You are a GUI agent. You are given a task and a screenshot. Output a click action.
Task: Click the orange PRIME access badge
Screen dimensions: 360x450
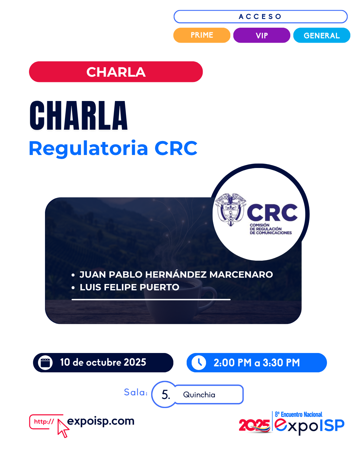(x=202, y=35)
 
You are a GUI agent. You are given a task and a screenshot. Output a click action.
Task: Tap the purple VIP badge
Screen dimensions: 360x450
(x=262, y=35)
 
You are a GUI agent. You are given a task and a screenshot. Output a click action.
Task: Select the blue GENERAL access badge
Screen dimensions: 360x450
(x=322, y=35)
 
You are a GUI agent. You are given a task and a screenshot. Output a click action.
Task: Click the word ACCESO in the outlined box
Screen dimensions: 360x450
(x=260, y=17)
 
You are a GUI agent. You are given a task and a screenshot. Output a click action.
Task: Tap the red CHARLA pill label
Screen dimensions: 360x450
(x=116, y=72)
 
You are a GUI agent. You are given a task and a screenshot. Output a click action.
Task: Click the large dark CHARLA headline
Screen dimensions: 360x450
(x=78, y=115)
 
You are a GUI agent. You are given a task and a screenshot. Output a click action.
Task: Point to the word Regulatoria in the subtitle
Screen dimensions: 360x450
(x=88, y=149)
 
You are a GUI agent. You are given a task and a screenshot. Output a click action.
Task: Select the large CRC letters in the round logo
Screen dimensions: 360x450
(x=272, y=212)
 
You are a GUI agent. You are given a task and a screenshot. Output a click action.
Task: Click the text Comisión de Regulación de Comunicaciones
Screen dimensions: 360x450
(x=270, y=229)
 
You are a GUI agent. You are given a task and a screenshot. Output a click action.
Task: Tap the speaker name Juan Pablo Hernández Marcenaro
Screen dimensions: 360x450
(x=176, y=275)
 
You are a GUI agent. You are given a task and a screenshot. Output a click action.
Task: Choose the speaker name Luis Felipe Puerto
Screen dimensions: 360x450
(x=129, y=287)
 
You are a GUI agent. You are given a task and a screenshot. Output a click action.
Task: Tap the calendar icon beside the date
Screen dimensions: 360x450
(x=45, y=363)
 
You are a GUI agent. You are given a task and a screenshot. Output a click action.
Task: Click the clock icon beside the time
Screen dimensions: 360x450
(x=199, y=363)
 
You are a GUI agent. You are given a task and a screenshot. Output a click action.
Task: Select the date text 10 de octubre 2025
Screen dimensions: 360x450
(x=103, y=362)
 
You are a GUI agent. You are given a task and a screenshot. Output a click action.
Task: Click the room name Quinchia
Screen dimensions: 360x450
(x=199, y=395)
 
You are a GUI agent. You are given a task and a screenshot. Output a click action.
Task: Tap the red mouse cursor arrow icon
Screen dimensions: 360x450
(x=63, y=428)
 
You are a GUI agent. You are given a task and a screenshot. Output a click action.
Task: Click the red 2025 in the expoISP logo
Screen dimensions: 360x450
(x=254, y=425)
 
